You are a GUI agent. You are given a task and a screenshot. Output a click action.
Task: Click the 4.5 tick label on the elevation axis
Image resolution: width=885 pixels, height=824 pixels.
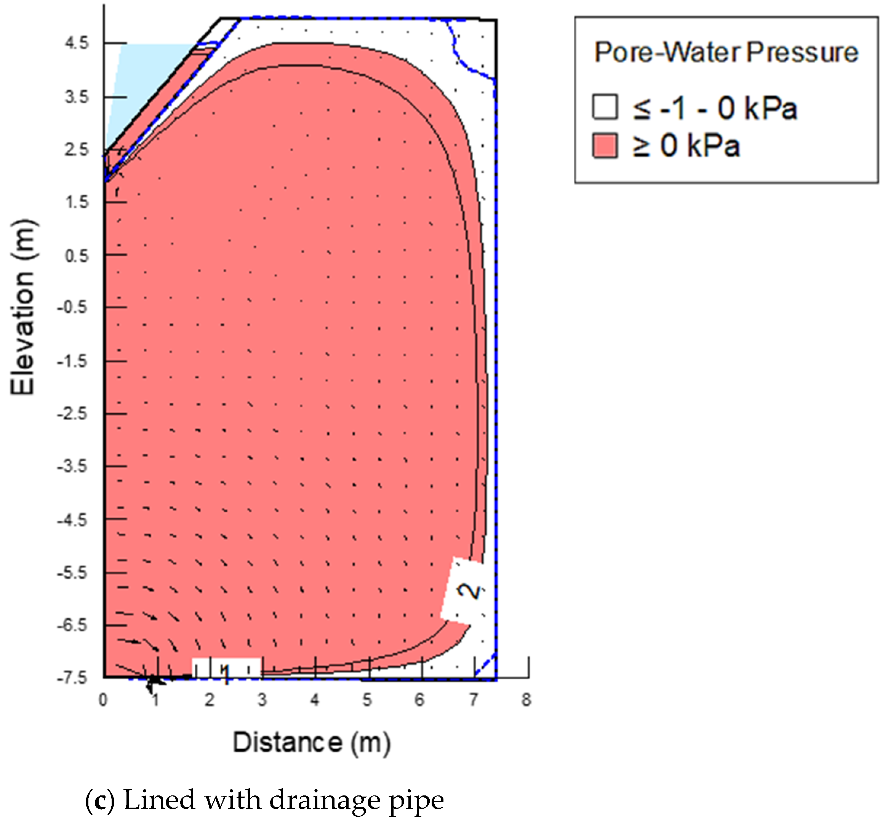(x=77, y=44)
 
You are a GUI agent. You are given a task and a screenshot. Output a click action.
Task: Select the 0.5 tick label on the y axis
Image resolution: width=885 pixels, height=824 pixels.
(x=77, y=256)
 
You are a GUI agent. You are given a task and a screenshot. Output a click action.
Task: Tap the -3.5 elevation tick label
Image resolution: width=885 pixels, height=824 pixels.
(x=72, y=466)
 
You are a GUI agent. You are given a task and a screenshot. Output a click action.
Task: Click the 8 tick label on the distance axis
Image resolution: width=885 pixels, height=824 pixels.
(x=526, y=699)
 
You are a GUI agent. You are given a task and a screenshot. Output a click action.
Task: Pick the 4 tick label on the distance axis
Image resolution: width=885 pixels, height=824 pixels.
(x=315, y=699)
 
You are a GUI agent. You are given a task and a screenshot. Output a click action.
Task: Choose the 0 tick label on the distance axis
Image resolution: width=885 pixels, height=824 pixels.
(x=103, y=699)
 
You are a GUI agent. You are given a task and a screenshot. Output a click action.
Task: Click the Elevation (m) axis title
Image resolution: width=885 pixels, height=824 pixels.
(x=23, y=307)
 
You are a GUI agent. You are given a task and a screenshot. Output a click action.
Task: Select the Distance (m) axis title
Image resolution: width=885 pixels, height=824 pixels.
(x=312, y=742)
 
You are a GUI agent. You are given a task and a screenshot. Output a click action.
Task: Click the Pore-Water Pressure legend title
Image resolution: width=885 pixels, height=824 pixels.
(x=726, y=53)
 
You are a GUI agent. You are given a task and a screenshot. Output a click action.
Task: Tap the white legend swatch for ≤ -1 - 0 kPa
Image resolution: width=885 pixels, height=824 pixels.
(x=605, y=107)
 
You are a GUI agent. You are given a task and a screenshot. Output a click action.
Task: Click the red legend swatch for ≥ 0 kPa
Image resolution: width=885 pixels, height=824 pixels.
(x=605, y=146)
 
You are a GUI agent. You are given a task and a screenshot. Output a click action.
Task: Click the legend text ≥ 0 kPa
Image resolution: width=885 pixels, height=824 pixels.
(x=686, y=146)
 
